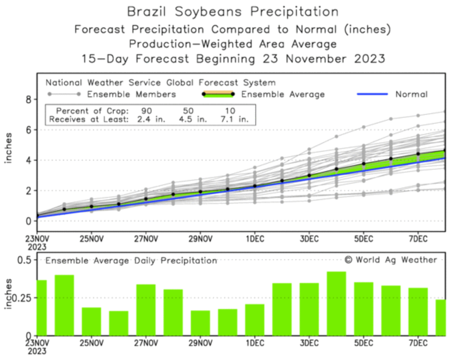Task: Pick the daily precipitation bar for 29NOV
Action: point(200,323)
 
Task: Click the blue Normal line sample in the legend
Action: point(372,94)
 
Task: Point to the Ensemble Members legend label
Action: point(132,94)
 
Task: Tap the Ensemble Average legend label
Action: point(283,94)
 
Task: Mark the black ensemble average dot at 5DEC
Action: point(363,164)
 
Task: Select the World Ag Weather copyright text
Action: point(391,260)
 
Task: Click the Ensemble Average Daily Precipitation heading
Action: point(131,261)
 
